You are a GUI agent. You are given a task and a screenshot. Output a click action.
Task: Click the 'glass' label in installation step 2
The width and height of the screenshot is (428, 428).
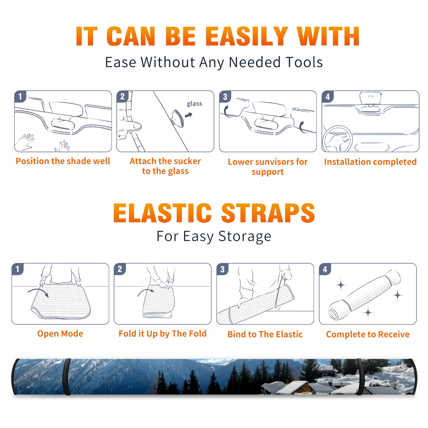(194, 104)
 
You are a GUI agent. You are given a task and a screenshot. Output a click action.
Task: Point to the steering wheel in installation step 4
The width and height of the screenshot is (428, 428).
(337, 139)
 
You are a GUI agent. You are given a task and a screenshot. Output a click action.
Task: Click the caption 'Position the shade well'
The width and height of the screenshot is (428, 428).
(63, 161)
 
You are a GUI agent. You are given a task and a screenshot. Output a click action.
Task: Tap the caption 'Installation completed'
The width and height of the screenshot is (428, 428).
(370, 162)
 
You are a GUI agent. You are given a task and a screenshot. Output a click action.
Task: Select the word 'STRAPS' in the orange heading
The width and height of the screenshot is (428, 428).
(268, 213)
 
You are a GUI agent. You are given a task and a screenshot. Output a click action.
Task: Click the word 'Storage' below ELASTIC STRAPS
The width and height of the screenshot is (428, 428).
(244, 236)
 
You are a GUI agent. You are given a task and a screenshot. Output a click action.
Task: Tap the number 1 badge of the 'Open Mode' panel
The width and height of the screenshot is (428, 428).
(18, 269)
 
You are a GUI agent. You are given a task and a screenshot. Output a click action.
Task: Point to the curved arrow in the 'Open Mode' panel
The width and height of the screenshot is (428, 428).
(39, 292)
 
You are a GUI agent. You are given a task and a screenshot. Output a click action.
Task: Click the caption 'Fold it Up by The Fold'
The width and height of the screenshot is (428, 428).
(163, 334)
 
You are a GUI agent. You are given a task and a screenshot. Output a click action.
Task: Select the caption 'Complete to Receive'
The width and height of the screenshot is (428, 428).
(368, 334)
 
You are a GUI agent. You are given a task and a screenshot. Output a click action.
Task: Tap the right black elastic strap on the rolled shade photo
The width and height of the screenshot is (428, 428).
(360, 377)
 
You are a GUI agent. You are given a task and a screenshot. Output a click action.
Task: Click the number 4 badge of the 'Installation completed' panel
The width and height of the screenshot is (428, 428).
(328, 97)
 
